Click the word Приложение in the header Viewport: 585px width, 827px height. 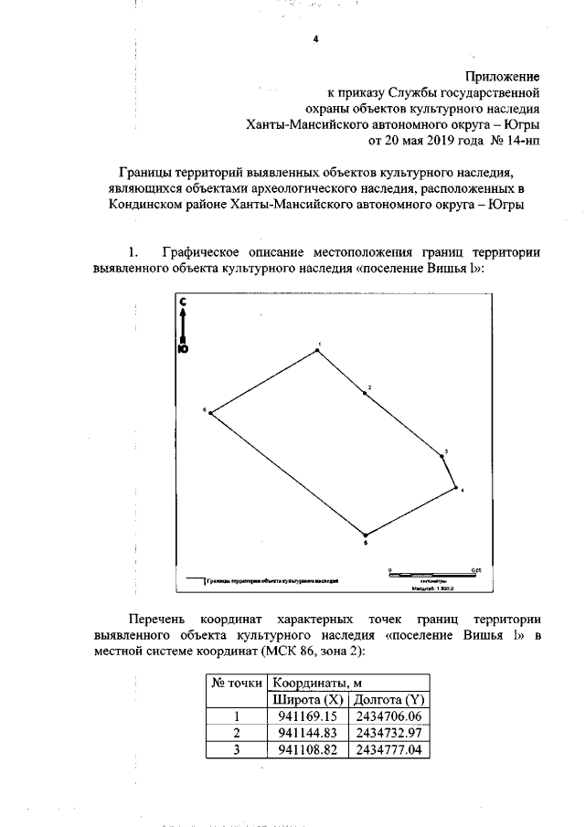click(x=499, y=76)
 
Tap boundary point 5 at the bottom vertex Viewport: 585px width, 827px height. click(x=366, y=535)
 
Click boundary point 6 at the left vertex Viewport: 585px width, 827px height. click(x=212, y=413)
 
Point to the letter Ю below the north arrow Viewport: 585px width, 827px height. click(x=183, y=348)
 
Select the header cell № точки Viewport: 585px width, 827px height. click(x=237, y=683)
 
